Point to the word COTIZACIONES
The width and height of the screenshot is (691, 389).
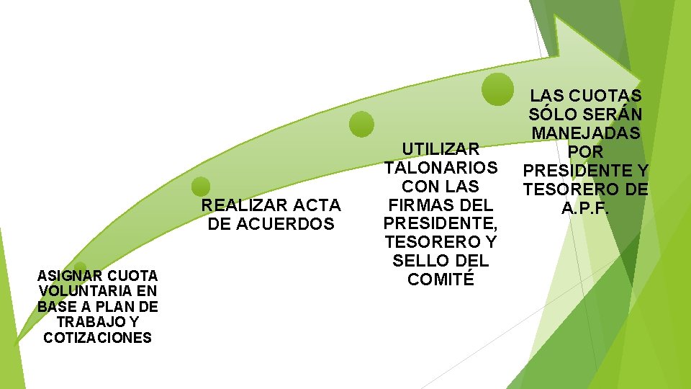tap(97, 338)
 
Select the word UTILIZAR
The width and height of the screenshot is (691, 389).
tap(441, 149)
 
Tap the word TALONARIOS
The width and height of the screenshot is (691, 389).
tap(441, 168)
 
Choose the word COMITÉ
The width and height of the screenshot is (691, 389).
tap(441, 280)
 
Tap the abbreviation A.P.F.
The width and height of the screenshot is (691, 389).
tap(585, 208)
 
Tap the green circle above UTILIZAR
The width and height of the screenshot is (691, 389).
tap(362, 124)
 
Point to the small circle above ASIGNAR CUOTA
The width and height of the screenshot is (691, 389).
tap(80, 267)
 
